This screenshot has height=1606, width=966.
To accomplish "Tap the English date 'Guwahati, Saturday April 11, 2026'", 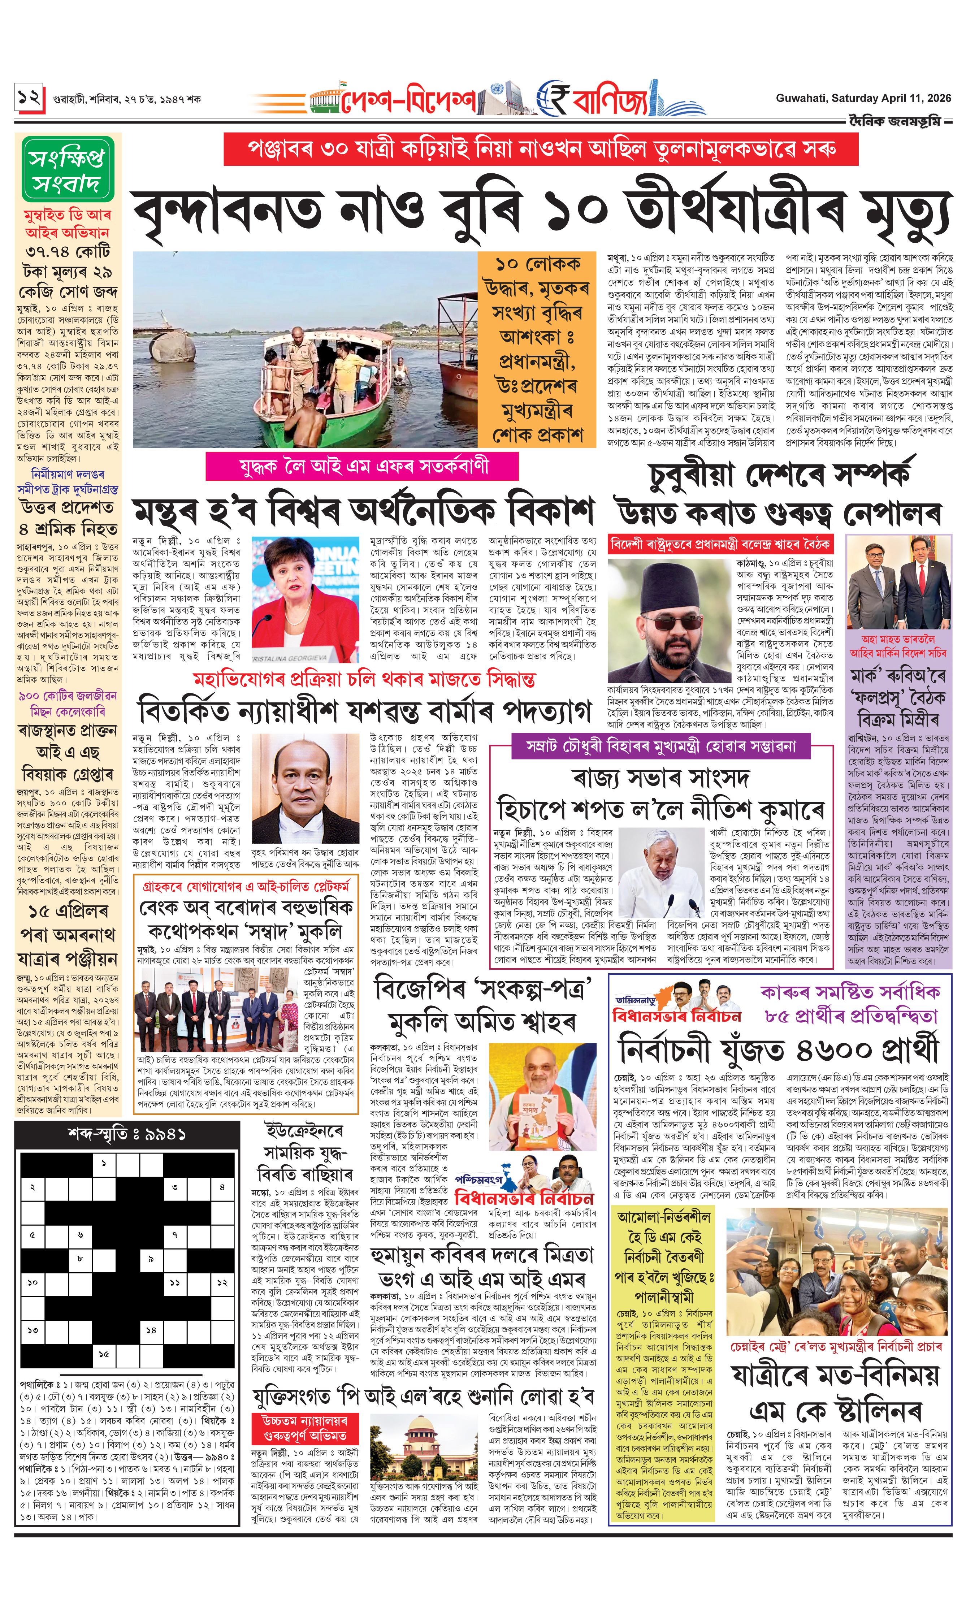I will (862, 98).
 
